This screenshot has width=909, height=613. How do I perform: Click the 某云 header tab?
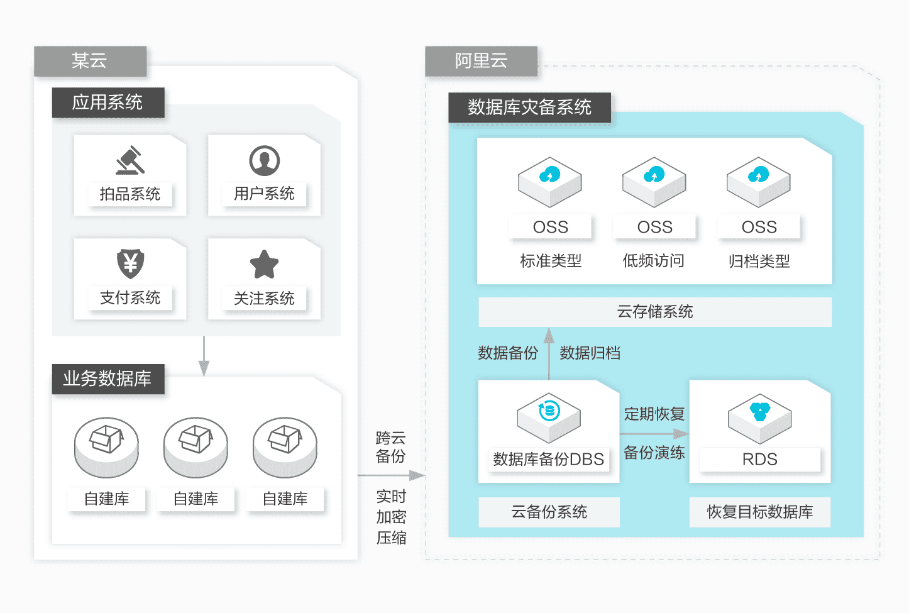pos(90,61)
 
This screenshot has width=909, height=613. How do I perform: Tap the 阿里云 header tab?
pos(482,61)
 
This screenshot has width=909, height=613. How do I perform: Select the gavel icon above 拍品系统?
pos(130,160)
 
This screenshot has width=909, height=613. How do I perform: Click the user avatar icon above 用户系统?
pos(264,161)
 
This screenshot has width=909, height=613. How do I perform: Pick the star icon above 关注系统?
pos(264,264)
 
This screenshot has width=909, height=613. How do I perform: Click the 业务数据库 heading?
pos(108,378)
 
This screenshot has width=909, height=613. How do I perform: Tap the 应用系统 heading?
pos(108,102)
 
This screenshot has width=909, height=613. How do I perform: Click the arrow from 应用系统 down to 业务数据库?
pos(204,356)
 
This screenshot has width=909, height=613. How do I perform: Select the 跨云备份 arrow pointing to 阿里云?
pos(391,475)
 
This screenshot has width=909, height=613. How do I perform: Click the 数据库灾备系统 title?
pos(529,108)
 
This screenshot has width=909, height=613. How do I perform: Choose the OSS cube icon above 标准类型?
pos(550,182)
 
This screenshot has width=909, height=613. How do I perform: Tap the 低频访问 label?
pos(654,261)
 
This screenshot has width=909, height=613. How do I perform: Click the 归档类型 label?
pos(759,261)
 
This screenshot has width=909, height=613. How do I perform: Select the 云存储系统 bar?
pos(655,312)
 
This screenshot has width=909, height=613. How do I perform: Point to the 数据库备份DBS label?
pos(549,459)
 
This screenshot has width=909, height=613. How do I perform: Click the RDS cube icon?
pos(759,419)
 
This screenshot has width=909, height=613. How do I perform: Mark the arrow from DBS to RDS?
pos(654,434)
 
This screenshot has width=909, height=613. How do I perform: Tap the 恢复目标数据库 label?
pos(759,512)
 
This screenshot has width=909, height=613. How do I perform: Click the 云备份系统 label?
pos(549,512)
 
